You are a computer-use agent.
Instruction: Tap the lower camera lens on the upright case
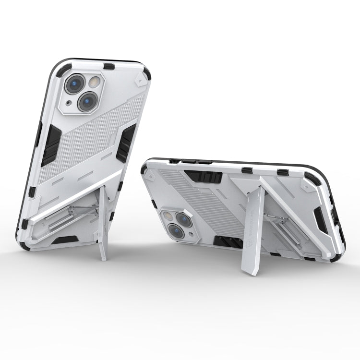[88, 101]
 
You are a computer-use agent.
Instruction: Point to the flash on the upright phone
[95, 81]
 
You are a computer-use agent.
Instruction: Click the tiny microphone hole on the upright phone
[70, 103]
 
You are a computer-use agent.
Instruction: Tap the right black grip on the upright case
[126, 143]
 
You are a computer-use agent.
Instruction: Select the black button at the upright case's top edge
[109, 66]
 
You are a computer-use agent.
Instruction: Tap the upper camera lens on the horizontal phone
[184, 219]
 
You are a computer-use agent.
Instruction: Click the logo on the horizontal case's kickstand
[254, 230]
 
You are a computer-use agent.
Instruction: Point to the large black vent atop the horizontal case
[204, 177]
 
